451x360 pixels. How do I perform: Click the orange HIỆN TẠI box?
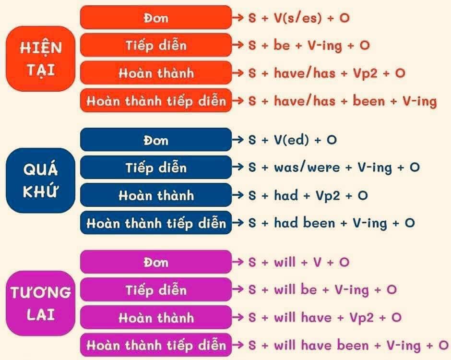click(40, 59)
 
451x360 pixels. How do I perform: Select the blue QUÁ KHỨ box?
click(40, 180)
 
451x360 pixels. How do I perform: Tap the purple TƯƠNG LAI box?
click(40, 303)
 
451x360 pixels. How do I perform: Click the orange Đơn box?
click(156, 17)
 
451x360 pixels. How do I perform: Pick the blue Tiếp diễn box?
click(156, 167)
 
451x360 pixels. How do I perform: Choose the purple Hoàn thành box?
click(156, 317)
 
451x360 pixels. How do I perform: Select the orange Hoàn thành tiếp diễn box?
click(156, 100)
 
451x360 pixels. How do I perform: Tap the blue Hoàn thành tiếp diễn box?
click(156, 223)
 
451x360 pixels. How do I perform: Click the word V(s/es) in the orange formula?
click(297, 18)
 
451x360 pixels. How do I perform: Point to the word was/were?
click(307, 167)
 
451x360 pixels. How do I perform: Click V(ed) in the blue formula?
click(291, 140)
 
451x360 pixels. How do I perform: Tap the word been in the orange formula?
click(369, 100)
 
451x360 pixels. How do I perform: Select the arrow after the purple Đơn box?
click(238, 262)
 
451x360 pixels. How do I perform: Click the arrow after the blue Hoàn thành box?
click(238, 195)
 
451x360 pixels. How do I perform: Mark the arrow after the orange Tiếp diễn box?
click(238, 45)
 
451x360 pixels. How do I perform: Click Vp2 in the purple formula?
click(362, 318)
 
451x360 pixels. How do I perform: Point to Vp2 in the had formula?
click(328, 196)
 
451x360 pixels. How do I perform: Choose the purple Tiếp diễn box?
click(156, 289)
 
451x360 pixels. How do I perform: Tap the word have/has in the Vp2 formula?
click(305, 73)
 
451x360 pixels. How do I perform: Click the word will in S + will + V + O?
click(285, 262)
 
